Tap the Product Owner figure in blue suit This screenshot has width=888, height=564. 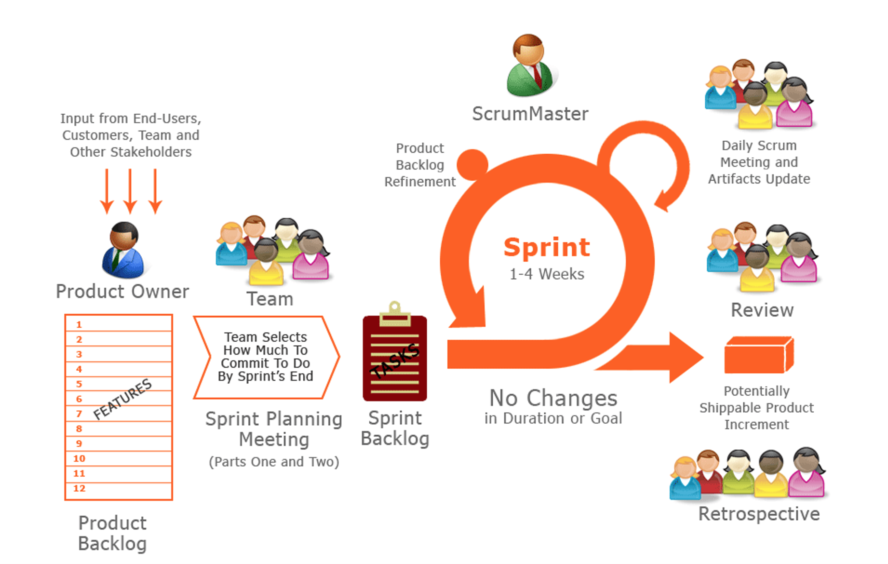click(x=123, y=251)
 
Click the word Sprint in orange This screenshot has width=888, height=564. click(x=547, y=247)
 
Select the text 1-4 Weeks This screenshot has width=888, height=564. click(x=547, y=274)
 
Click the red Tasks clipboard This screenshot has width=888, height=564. click(x=395, y=357)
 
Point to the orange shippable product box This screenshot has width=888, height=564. click(x=758, y=355)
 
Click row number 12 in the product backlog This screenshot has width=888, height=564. click(x=80, y=488)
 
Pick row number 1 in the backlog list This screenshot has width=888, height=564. click(x=79, y=324)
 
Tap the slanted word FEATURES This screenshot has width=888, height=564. click(x=122, y=399)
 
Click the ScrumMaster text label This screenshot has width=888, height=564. click(x=530, y=114)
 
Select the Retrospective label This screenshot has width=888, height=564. click(x=759, y=514)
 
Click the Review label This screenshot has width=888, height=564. click(x=762, y=310)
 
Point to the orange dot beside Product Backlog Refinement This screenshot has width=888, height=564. click(x=472, y=164)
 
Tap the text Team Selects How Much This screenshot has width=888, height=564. click(x=265, y=343)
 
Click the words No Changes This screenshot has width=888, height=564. click(x=553, y=398)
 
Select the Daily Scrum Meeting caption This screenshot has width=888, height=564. click(x=759, y=162)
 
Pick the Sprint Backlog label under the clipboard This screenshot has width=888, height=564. click(x=395, y=428)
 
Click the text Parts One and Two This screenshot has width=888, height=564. click(x=274, y=462)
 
